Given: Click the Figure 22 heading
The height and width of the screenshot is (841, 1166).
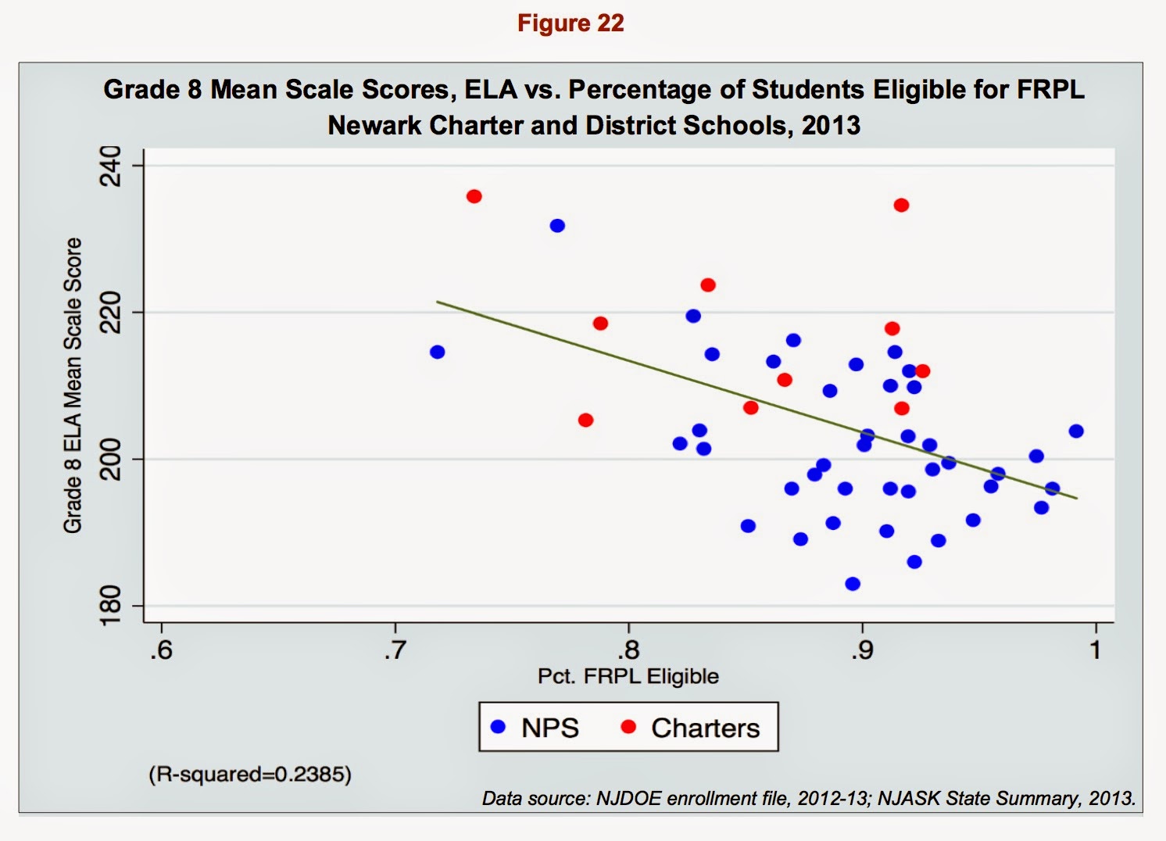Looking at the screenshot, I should click(x=570, y=23).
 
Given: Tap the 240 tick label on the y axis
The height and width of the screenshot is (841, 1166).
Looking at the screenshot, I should click(x=111, y=166).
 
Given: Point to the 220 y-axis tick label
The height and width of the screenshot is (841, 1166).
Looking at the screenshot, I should click(x=111, y=312).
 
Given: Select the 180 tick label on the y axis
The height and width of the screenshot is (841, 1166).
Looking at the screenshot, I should click(x=111, y=606).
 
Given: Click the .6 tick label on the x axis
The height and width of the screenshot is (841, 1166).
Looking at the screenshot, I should click(x=161, y=650).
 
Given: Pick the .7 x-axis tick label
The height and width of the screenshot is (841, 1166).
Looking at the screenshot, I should click(x=395, y=650).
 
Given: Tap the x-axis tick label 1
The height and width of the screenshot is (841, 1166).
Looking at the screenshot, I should click(x=1096, y=650).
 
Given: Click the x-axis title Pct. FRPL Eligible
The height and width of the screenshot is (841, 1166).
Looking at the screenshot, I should click(x=628, y=676).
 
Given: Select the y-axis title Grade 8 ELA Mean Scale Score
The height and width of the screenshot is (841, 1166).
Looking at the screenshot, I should click(x=73, y=385).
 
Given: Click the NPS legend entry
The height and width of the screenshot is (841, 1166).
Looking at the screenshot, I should click(x=535, y=728).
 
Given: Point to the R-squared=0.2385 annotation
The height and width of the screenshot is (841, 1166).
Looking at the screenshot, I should click(x=250, y=775).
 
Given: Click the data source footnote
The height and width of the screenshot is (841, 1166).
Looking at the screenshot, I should click(x=809, y=798).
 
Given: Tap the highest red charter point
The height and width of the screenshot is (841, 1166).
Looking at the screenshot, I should click(x=474, y=196).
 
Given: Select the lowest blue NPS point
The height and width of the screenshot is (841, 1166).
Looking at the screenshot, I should click(x=853, y=584).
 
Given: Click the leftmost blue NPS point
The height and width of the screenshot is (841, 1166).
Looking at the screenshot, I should click(x=438, y=352).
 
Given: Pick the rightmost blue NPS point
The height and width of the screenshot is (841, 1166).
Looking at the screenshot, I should click(x=1076, y=431).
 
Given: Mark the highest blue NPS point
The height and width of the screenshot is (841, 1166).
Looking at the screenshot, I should click(x=557, y=226).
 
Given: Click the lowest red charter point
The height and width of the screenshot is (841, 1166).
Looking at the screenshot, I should click(x=586, y=420).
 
